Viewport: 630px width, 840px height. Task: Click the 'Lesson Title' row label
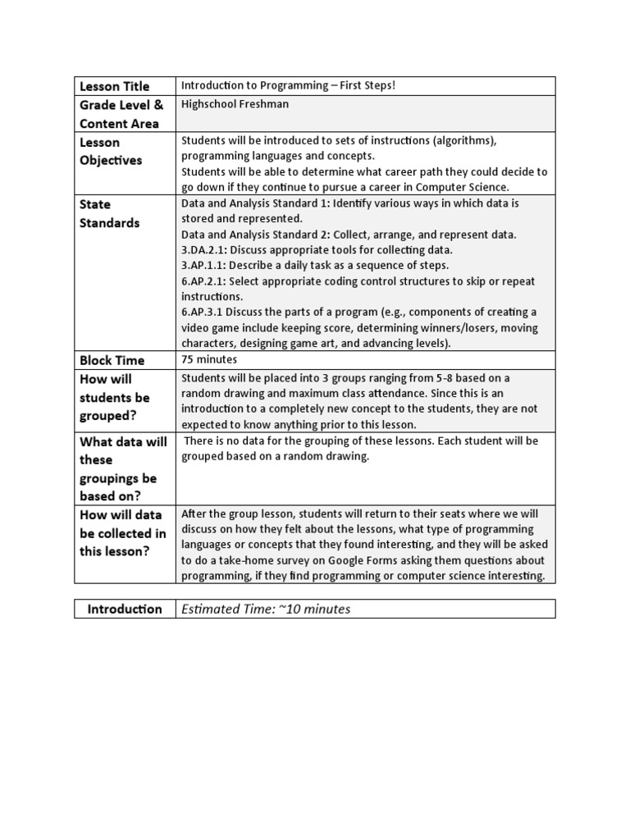point(114,86)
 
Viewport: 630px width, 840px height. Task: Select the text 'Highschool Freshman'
point(235,104)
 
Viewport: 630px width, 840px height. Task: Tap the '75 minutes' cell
point(208,359)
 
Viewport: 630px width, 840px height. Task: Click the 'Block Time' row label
point(112,360)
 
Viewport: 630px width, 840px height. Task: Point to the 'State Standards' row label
point(108,213)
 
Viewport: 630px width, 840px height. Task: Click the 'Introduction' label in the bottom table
point(125,609)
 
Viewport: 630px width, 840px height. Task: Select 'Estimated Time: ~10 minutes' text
point(266,609)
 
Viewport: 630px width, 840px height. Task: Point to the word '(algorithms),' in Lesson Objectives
point(462,140)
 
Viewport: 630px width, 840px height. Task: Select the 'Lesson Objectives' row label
point(110,151)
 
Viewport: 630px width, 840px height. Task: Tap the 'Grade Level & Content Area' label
point(121,114)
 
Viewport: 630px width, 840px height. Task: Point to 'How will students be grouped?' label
point(115,397)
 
